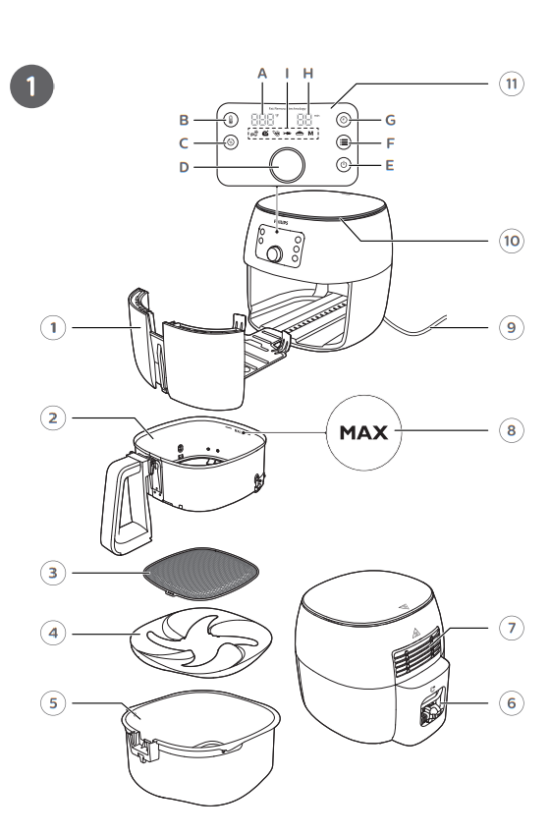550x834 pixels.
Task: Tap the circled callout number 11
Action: click(510, 83)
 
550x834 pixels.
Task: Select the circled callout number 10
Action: click(510, 242)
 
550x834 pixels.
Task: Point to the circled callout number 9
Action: click(510, 328)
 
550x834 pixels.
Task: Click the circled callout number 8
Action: click(510, 430)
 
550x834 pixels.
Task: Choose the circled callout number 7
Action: click(510, 625)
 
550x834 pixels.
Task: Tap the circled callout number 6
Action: click(510, 704)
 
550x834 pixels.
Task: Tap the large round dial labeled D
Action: click(286, 166)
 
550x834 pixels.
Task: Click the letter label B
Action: click(183, 121)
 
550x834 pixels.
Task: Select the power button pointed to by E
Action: click(343, 165)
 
